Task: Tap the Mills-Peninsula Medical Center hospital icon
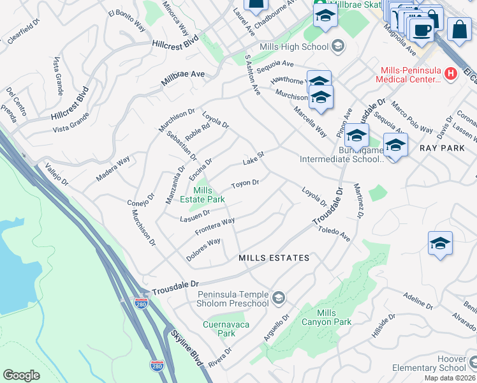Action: (450, 73)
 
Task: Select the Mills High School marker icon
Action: (338, 46)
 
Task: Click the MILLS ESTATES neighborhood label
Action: (274, 258)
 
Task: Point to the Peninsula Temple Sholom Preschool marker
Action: (278, 297)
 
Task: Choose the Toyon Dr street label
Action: (244, 184)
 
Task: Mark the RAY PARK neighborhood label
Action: (443, 147)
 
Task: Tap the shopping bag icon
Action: (459, 29)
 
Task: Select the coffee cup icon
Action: (422, 29)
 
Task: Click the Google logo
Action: (21, 375)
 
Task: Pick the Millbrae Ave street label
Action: (182, 74)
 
